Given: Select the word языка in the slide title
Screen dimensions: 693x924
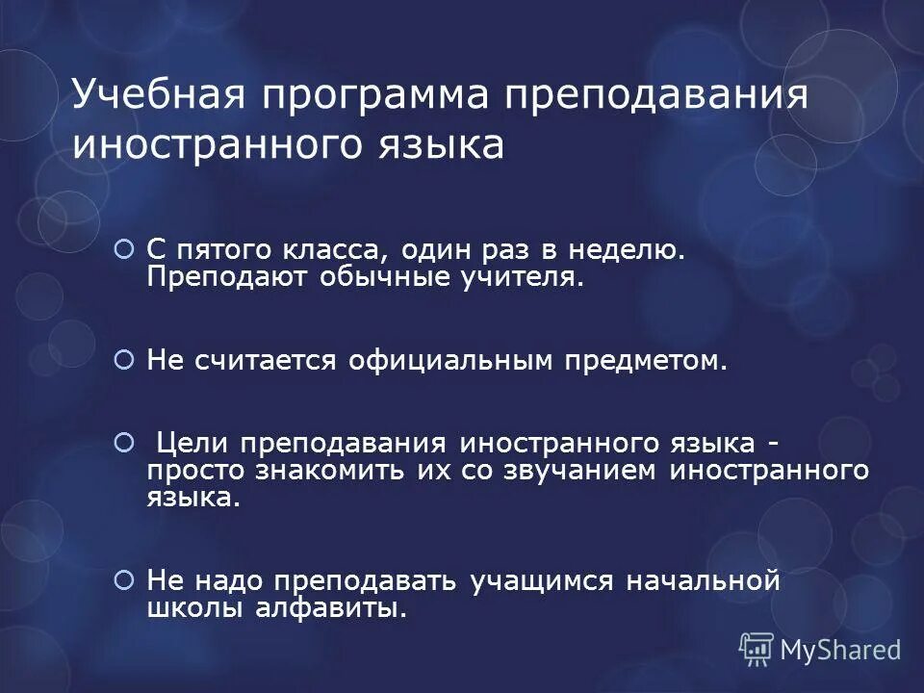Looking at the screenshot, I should [x=445, y=144].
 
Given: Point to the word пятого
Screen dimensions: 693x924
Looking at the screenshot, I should [x=222, y=251].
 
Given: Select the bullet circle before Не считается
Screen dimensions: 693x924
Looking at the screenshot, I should [x=123, y=360].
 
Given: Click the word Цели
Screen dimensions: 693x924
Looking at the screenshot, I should [x=192, y=444].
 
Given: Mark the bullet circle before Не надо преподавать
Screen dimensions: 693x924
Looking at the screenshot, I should [x=123, y=580].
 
